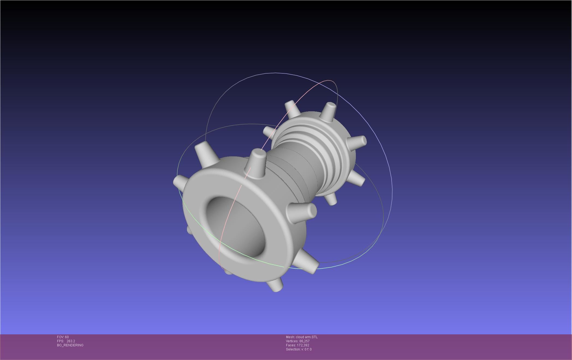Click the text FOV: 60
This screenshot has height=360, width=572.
[63, 337]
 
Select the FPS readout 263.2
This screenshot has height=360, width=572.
[71, 341]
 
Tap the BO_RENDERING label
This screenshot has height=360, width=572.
[70, 345]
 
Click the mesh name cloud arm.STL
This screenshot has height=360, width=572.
[306, 337]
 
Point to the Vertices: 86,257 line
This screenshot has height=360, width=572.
[297, 341]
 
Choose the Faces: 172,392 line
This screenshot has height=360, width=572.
[297, 345]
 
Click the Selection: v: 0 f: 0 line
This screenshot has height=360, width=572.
[299, 349]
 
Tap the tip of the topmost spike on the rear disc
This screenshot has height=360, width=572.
[330, 105]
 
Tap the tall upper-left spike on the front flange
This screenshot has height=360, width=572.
[205, 154]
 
